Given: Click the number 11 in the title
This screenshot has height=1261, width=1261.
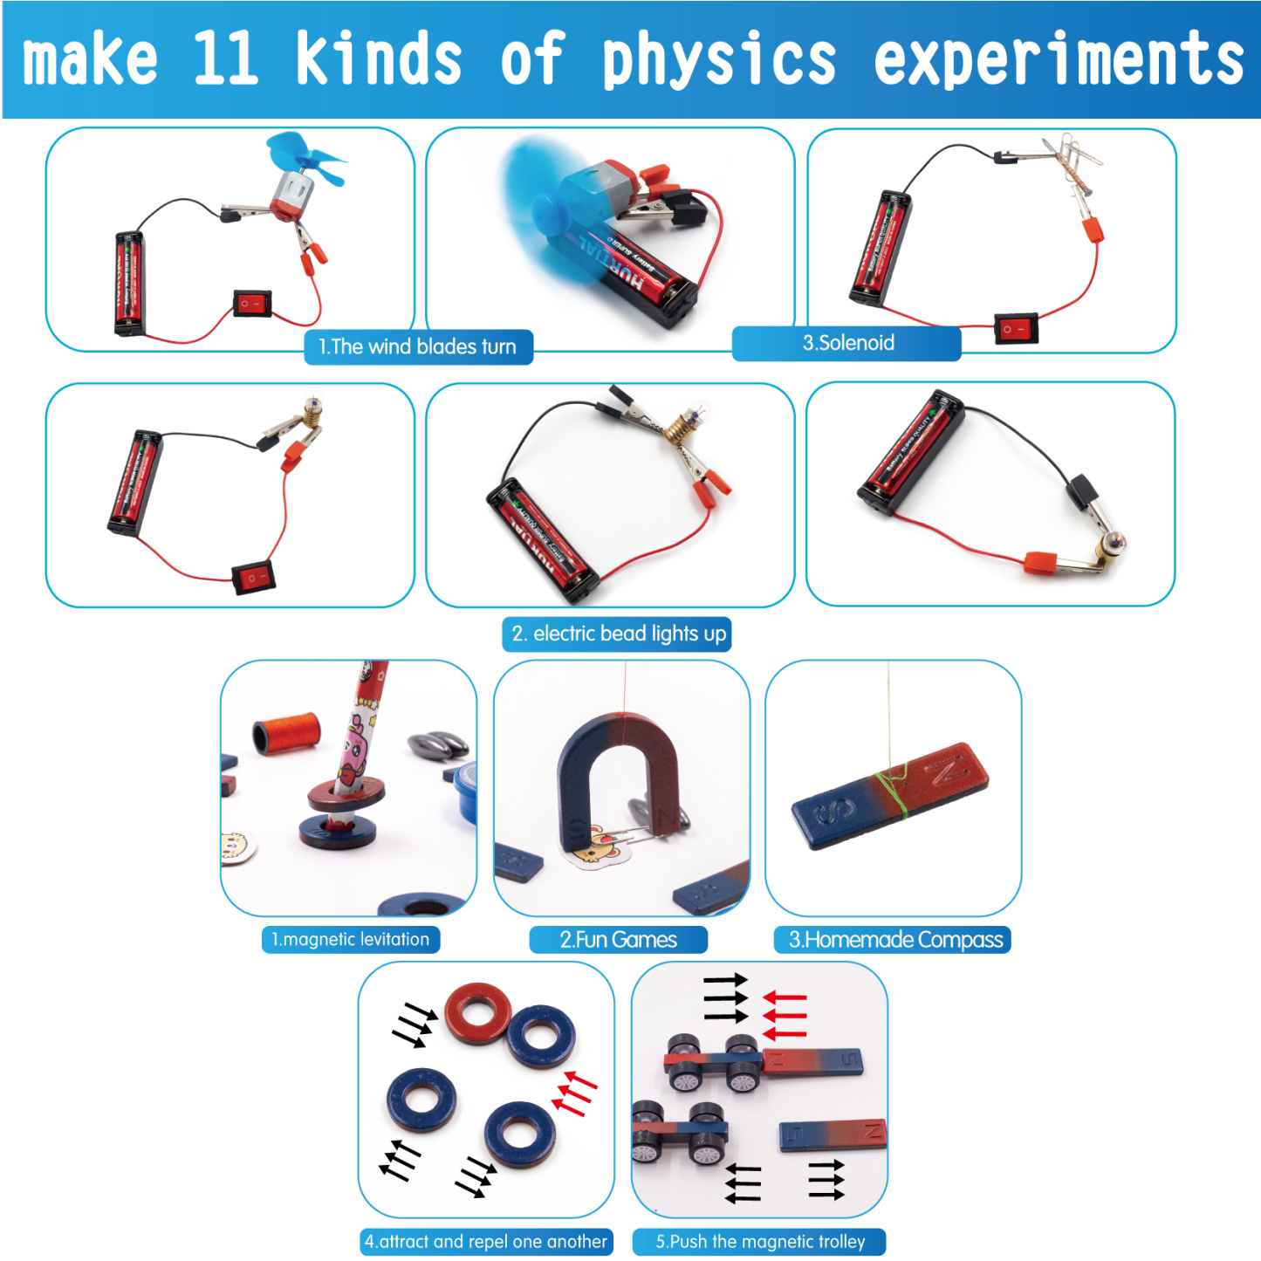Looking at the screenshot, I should tap(225, 59).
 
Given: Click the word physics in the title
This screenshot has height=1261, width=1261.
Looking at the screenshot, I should tap(719, 59).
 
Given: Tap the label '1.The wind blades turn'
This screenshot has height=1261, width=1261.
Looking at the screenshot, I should tap(418, 346).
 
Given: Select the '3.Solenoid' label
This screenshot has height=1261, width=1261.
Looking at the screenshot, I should tap(847, 343).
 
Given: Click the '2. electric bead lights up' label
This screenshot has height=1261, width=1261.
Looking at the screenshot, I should tap(618, 634).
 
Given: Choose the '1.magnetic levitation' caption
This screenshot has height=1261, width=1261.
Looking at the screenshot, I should tap(351, 940).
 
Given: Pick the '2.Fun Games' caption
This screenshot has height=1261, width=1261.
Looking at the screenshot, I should tap(618, 940).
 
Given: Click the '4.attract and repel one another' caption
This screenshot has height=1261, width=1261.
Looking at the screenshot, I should tap(486, 1242).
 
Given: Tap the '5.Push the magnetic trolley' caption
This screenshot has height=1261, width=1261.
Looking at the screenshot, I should tap(759, 1242).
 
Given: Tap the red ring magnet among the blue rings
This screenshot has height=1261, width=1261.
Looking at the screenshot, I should tap(477, 1013).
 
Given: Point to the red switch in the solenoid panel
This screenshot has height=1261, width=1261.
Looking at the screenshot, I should tap(1016, 329).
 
